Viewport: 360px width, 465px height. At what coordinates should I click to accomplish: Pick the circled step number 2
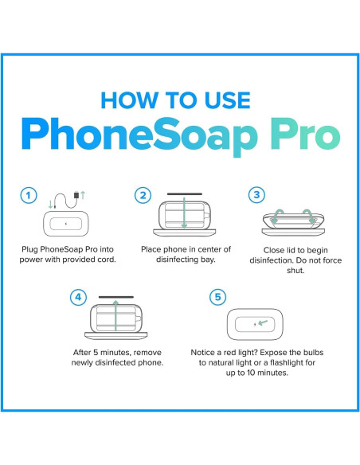[x=143, y=195]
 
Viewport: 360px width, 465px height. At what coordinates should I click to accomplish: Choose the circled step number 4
[x=79, y=299]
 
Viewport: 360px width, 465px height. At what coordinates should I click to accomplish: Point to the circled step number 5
[x=217, y=299]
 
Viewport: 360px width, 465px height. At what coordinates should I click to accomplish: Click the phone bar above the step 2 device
[x=186, y=191]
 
